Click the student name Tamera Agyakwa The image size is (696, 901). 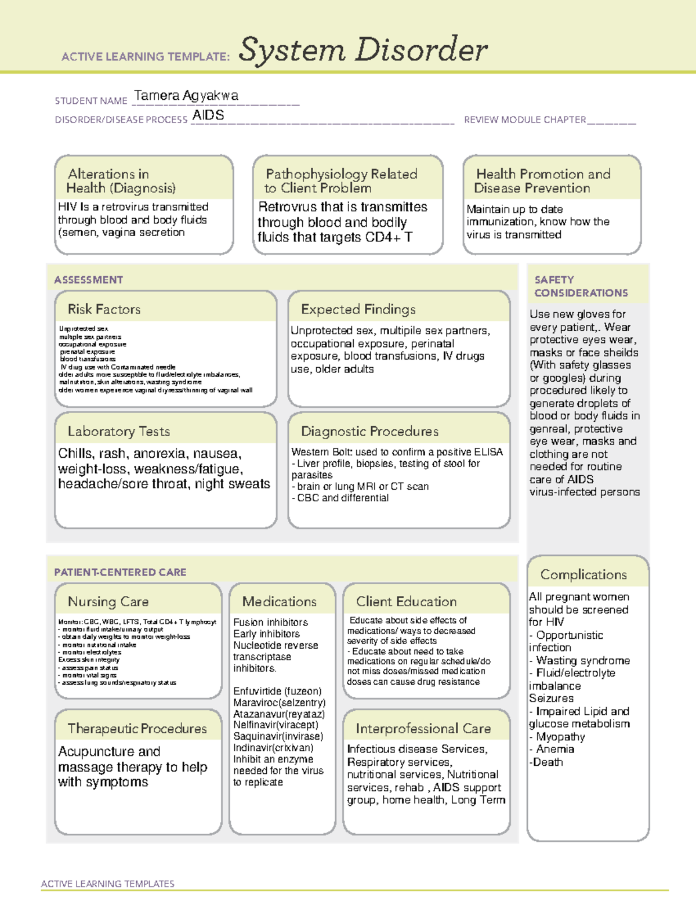(186, 96)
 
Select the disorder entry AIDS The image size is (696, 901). (208, 115)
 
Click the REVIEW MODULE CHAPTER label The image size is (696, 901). (525, 120)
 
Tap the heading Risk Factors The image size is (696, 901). (104, 309)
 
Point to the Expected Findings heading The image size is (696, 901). (358, 309)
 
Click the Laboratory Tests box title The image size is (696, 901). (118, 431)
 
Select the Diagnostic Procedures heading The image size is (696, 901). (369, 431)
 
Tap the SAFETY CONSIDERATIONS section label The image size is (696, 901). (581, 287)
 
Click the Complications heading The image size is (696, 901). (583, 574)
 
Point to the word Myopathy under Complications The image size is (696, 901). (560, 737)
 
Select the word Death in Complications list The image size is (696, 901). (548, 762)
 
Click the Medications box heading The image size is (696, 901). (280, 602)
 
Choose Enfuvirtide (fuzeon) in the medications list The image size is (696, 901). (277, 691)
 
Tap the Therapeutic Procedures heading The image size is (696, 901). (137, 728)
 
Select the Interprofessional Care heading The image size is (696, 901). (423, 728)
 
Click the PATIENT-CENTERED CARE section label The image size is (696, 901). (120, 572)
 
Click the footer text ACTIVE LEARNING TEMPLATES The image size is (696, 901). (107, 884)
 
